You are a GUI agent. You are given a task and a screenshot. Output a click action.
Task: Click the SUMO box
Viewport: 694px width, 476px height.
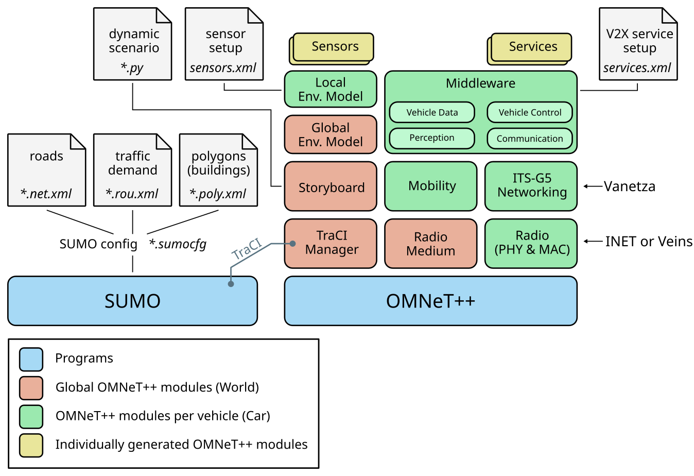coord(132,301)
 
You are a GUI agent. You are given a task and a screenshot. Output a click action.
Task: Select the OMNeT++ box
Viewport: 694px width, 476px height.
coord(430,301)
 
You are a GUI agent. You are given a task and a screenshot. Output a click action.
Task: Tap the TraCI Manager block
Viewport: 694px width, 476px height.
coord(331,243)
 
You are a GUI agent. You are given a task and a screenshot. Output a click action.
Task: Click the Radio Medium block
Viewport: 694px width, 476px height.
coord(430,244)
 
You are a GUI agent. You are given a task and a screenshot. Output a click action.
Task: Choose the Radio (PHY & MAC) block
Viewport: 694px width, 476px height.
coord(531,243)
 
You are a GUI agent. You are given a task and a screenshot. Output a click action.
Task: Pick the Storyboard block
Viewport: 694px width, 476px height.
coord(331,186)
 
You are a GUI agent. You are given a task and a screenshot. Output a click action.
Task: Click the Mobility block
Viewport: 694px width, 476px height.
coord(430,186)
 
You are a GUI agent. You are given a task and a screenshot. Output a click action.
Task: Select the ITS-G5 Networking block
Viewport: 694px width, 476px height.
coord(531,186)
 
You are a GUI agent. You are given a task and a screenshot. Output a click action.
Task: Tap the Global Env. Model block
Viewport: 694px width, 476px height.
coord(331,134)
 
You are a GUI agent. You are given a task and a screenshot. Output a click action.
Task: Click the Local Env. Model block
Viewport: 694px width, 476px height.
coord(331,89)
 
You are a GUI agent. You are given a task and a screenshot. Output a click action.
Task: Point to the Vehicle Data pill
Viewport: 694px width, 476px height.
coord(432,112)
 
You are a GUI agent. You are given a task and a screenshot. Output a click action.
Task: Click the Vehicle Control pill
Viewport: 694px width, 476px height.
coord(530,112)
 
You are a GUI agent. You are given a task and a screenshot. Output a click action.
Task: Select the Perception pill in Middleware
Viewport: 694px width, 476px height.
coord(432,138)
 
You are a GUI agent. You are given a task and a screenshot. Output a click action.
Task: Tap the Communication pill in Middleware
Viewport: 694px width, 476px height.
coord(530,138)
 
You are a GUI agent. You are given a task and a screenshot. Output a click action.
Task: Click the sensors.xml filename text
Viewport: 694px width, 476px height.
coord(223,68)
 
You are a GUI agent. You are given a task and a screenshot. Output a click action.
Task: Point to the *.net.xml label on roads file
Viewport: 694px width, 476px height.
coord(46,194)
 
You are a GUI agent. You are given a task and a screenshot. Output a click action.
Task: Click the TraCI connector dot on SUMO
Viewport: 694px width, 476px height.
coord(231,284)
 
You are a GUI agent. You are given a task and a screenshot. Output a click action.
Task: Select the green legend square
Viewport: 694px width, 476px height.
coord(31,417)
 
